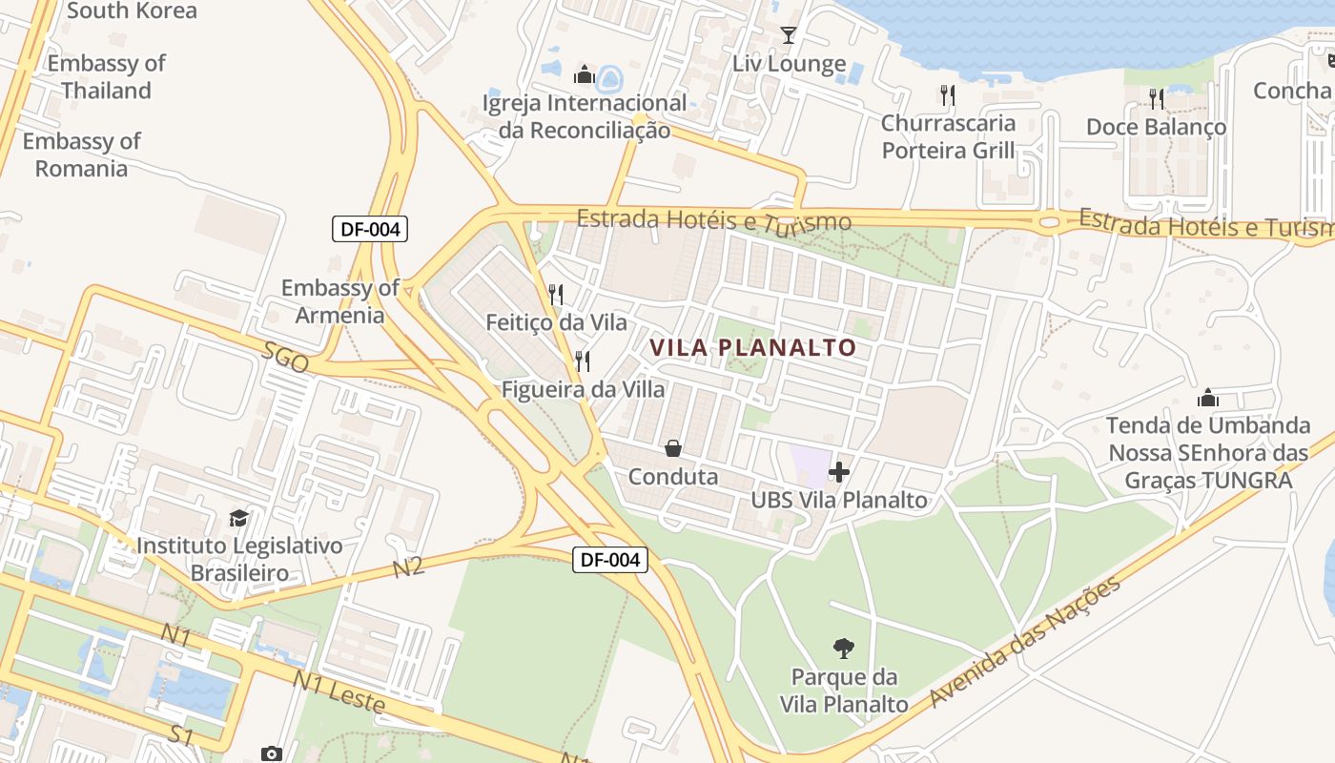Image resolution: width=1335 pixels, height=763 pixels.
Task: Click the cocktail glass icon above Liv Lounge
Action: point(789,35)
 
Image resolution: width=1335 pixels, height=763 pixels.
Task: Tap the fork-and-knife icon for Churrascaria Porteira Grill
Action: point(947,94)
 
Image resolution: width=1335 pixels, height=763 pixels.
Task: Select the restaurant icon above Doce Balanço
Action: point(1156,98)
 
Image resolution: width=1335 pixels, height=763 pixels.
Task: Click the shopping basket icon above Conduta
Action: point(673,447)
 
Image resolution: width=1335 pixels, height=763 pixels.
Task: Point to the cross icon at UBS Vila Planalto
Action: point(839,471)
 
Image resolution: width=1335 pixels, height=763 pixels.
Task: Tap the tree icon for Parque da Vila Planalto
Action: point(843,649)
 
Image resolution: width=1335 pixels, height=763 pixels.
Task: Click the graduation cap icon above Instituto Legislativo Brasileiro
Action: point(238,518)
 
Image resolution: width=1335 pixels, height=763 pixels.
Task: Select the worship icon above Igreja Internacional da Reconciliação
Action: point(584,74)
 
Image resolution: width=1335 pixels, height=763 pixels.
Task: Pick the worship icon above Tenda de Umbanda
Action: point(1208,397)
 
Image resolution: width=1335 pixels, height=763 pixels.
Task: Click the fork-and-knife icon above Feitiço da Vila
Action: point(557,294)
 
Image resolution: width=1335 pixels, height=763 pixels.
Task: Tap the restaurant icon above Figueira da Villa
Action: point(583,361)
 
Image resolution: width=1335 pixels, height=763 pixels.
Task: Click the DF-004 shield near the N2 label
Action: point(610,560)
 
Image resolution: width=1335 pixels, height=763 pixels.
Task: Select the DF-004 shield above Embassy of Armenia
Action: point(370,229)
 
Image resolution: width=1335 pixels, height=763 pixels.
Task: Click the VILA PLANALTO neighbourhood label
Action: point(753,348)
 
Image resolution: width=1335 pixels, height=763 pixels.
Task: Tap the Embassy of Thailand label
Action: point(106,77)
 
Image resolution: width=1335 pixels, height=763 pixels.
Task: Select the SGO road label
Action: point(285,357)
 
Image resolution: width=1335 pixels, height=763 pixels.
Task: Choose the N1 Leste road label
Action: point(339,693)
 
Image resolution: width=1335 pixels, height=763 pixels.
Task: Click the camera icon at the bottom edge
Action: point(272,754)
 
